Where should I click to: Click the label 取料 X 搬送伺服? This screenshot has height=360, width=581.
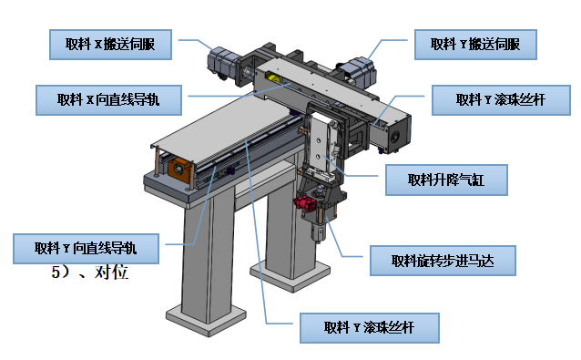(110, 45)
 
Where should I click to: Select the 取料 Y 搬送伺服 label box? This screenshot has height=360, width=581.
(475, 45)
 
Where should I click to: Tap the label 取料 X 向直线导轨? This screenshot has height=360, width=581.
(108, 100)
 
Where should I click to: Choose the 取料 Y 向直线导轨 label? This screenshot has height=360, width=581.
(86, 249)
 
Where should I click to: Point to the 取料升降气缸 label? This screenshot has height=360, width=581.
(446, 180)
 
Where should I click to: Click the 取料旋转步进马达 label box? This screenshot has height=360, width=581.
(443, 261)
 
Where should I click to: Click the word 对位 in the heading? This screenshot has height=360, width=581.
(111, 273)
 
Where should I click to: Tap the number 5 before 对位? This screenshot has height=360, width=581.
(56, 273)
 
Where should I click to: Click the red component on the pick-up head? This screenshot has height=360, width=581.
(305, 204)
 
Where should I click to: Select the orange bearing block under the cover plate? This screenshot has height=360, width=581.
(179, 170)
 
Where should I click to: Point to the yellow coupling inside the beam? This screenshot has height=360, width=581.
(273, 78)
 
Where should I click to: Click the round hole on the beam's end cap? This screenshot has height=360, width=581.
(395, 137)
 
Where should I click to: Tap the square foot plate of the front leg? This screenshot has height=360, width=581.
(206, 318)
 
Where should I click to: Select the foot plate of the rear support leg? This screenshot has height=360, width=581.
(290, 274)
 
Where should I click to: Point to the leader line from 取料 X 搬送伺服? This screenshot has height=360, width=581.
(196, 44)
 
